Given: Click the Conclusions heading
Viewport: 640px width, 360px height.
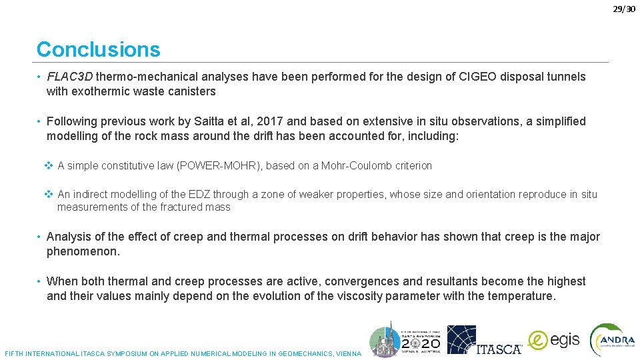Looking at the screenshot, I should tap(98, 49).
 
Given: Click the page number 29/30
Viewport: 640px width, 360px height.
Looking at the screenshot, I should tap(625, 9).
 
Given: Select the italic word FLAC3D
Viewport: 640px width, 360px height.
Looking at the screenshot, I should tap(70, 77).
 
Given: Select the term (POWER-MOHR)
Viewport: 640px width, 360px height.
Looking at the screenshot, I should tap(218, 165).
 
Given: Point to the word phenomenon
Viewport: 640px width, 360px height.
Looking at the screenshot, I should tap(82, 251).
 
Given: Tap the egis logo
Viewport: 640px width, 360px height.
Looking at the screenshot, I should tap(554, 340).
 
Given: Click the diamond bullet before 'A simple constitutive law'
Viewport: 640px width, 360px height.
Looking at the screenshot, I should tap(48, 165).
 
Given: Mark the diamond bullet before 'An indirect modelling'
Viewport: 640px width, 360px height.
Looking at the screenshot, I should tap(48, 194).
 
